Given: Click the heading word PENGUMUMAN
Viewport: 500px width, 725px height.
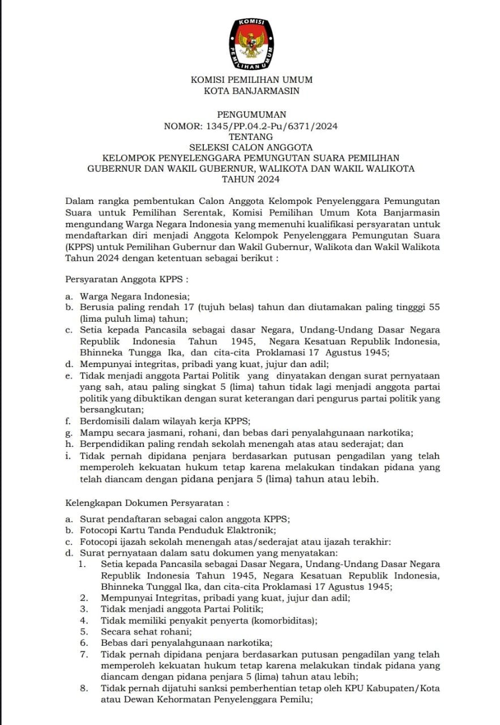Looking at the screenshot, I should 251,114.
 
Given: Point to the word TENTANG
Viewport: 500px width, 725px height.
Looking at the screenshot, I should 251,137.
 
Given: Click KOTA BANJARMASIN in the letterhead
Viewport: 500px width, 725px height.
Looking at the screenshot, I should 251,91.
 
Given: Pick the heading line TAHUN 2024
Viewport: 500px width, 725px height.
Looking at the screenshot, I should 251,179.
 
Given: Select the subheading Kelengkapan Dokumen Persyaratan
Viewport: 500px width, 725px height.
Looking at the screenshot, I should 147,502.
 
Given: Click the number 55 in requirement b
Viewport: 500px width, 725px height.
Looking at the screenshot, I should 435,307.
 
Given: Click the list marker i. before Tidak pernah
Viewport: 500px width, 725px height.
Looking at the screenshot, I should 68,456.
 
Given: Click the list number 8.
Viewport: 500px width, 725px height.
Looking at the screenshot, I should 84,688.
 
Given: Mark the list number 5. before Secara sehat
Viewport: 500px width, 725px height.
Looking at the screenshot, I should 84,631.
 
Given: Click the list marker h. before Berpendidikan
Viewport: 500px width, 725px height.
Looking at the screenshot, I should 69,444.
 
